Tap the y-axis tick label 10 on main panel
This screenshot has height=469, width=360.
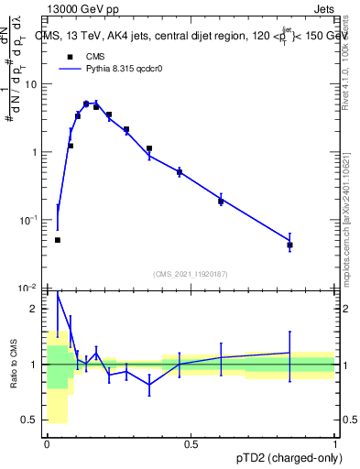31,84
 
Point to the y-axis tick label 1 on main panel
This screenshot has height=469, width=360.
35,152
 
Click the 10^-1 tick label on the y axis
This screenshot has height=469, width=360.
29,220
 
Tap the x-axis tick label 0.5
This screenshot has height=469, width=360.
191,443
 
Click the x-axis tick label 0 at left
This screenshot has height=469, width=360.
47,443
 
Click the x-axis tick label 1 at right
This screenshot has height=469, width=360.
334,443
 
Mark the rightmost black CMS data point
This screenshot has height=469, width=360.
289,245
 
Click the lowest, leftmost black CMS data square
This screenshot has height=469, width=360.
58,240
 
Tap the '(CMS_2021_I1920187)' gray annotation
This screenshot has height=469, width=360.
191,274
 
